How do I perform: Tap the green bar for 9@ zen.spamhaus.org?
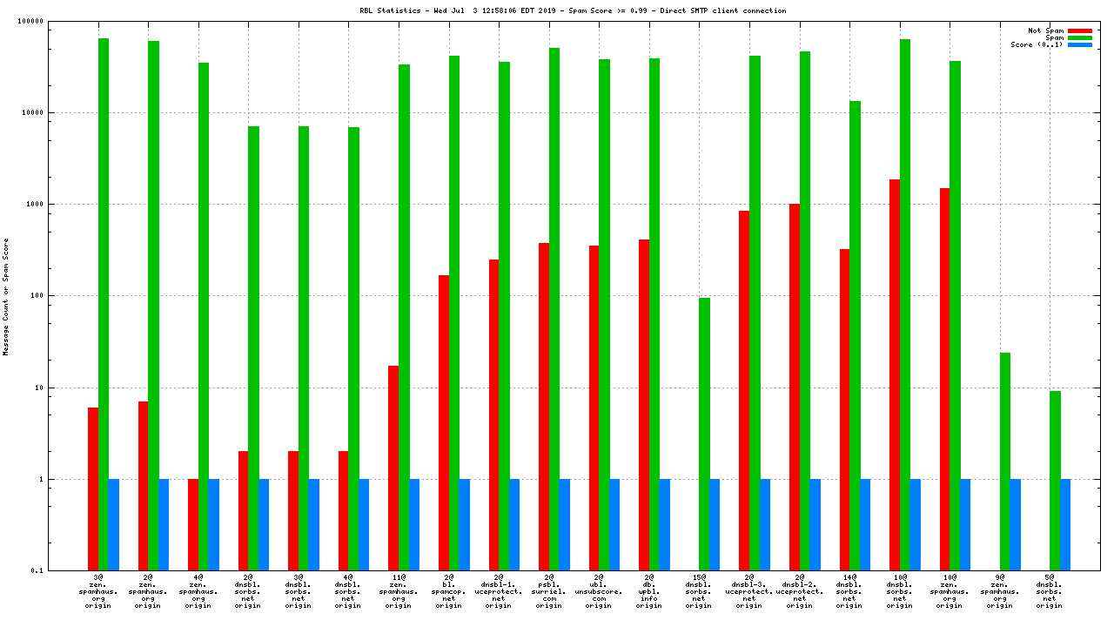(1005, 462)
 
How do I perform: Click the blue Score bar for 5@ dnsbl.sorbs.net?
(1065, 524)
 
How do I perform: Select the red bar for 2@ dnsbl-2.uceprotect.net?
(795, 387)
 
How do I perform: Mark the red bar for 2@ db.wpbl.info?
(644, 405)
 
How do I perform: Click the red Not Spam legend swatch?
(1080, 30)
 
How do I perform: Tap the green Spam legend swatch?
(1080, 37)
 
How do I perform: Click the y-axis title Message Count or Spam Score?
(6, 296)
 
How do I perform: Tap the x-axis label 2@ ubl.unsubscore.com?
(599, 590)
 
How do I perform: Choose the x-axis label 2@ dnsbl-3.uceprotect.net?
(749, 590)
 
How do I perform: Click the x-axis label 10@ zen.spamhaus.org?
(950, 590)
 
